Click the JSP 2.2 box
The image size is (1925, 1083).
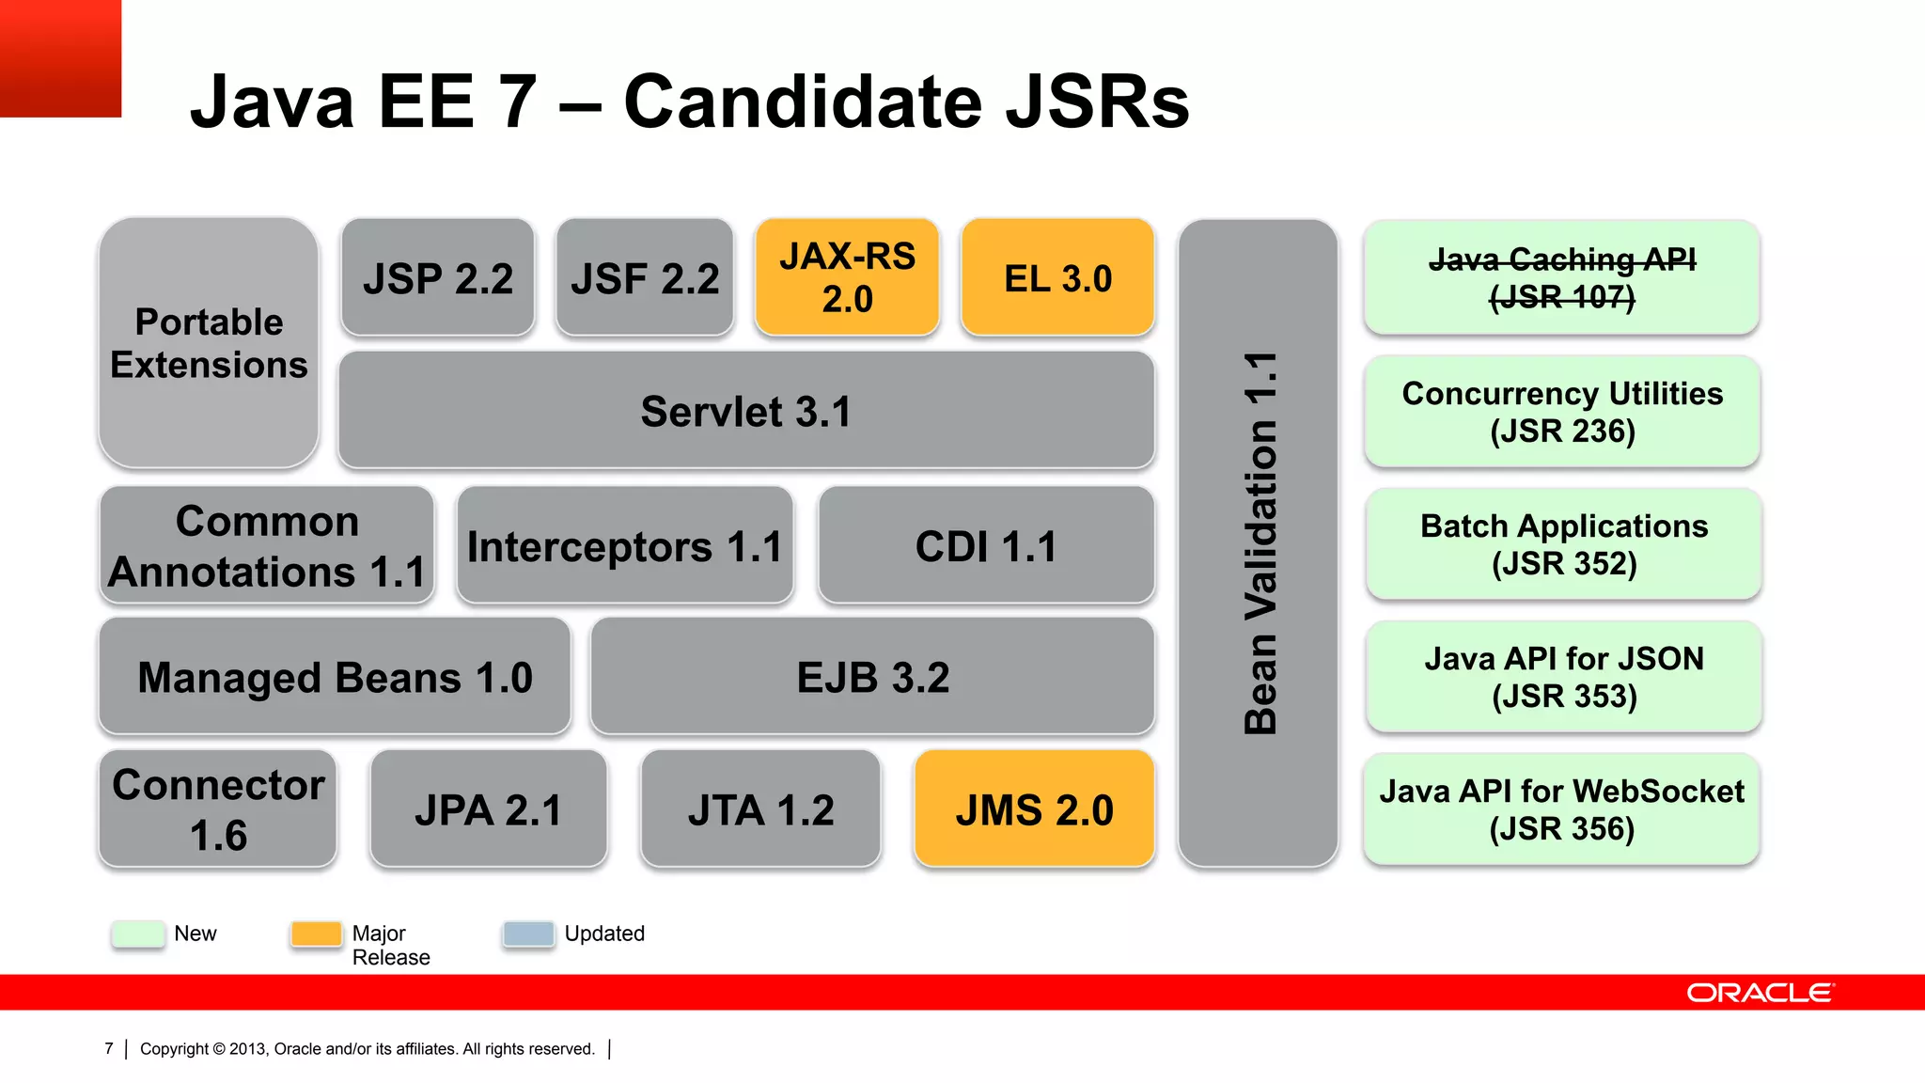(438, 278)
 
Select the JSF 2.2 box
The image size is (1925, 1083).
(645, 278)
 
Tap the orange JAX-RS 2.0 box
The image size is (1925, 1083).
(847, 277)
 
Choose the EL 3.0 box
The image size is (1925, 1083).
(1057, 278)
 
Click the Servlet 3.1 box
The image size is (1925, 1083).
(745, 411)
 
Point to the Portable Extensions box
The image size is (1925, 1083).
(209, 343)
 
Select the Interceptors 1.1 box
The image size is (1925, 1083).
(625, 546)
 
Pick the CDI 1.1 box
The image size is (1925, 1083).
(986, 546)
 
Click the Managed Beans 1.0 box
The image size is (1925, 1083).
(335, 677)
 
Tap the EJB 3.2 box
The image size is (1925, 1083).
(872, 677)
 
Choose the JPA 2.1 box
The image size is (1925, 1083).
(489, 809)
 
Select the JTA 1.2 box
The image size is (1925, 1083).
(760, 809)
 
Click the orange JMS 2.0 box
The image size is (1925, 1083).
(1034, 809)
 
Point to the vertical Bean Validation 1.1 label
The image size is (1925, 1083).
(1260, 543)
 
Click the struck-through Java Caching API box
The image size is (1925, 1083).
(1562, 278)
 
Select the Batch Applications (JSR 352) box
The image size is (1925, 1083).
(1564, 544)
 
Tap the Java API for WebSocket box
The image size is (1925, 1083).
(1562, 809)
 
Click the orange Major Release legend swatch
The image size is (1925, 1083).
(317, 934)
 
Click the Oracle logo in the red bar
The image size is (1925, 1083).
(1760, 993)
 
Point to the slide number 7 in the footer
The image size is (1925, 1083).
(109, 1048)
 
